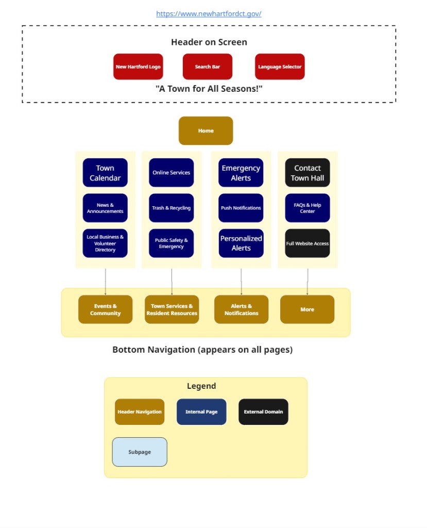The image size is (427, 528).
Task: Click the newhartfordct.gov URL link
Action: (209, 14)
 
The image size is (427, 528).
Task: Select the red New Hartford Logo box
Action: (138, 67)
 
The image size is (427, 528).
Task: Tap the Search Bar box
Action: (207, 67)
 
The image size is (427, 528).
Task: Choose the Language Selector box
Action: (280, 67)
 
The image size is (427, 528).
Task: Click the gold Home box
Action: (206, 130)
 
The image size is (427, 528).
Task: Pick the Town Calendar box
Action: (105, 173)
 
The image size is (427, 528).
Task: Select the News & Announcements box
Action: (105, 208)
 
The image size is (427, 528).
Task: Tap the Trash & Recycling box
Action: (171, 208)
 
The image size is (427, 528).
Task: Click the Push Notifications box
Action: (241, 208)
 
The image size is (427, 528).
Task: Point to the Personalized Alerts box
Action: (241, 243)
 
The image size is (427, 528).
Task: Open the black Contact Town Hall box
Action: (307, 173)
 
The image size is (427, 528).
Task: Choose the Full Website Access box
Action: (307, 243)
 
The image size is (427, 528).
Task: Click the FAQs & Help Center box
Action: (307, 208)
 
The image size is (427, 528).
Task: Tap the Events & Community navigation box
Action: (105, 309)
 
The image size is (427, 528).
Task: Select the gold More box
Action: (307, 309)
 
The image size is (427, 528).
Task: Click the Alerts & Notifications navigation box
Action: (241, 309)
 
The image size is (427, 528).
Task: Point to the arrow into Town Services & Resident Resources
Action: (172, 282)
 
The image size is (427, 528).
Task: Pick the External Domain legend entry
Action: (263, 411)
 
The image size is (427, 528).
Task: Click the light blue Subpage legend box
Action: (140, 452)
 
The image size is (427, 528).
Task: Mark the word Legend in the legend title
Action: (201, 386)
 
